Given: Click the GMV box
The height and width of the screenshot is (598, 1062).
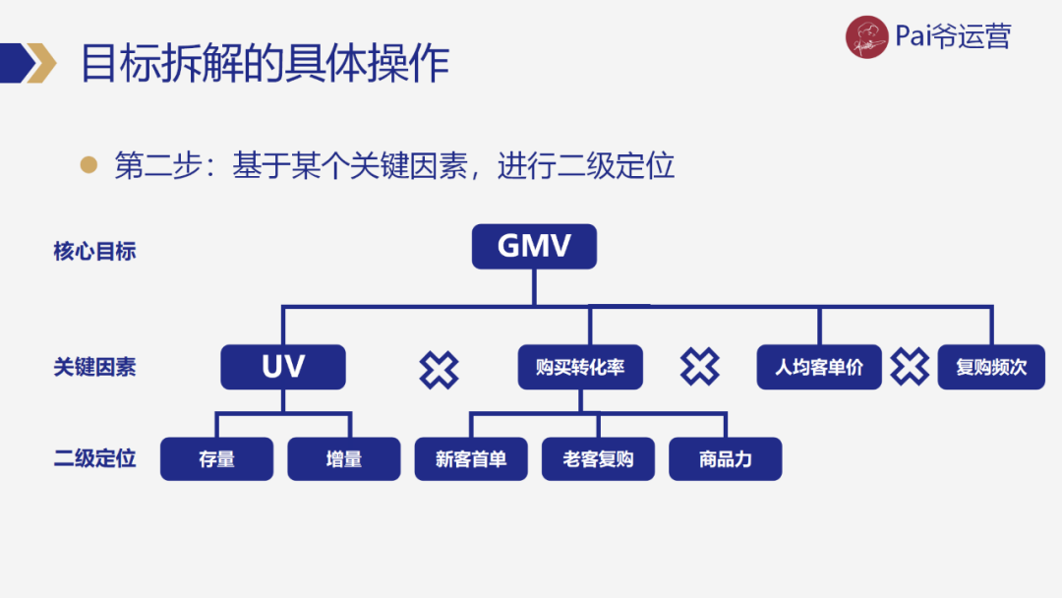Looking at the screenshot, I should click(x=534, y=246).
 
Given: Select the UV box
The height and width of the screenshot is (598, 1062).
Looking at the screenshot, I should click(x=283, y=367).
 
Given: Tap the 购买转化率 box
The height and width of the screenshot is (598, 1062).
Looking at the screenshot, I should click(x=580, y=367).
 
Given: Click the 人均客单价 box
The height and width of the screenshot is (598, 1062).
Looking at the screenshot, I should click(x=819, y=367).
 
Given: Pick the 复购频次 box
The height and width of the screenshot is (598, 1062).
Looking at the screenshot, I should click(x=991, y=367).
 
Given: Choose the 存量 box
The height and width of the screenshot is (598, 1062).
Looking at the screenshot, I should click(x=216, y=458).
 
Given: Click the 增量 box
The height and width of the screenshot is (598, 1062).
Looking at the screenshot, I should click(x=344, y=458).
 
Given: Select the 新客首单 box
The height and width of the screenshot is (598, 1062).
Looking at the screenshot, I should click(x=471, y=458).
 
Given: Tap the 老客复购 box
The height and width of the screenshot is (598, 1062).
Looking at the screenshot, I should click(x=598, y=458).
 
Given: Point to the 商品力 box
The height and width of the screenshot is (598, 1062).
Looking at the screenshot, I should click(x=725, y=458).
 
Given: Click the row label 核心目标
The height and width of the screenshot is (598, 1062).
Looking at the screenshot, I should click(x=94, y=251).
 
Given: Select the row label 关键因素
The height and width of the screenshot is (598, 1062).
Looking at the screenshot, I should click(x=94, y=367).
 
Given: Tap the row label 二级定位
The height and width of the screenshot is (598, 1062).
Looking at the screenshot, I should click(x=94, y=458).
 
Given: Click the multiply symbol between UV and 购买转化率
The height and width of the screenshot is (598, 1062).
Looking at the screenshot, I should click(x=439, y=369).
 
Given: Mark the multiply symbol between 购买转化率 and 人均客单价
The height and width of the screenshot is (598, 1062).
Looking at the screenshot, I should click(x=699, y=367).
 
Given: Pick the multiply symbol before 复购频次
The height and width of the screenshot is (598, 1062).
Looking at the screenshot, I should click(x=910, y=367).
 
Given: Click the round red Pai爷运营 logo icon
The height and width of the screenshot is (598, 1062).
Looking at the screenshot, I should click(x=867, y=37).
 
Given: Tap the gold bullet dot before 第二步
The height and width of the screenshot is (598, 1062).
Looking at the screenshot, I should click(x=89, y=164).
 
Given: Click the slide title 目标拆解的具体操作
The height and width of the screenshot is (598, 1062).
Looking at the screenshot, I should click(x=265, y=63).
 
